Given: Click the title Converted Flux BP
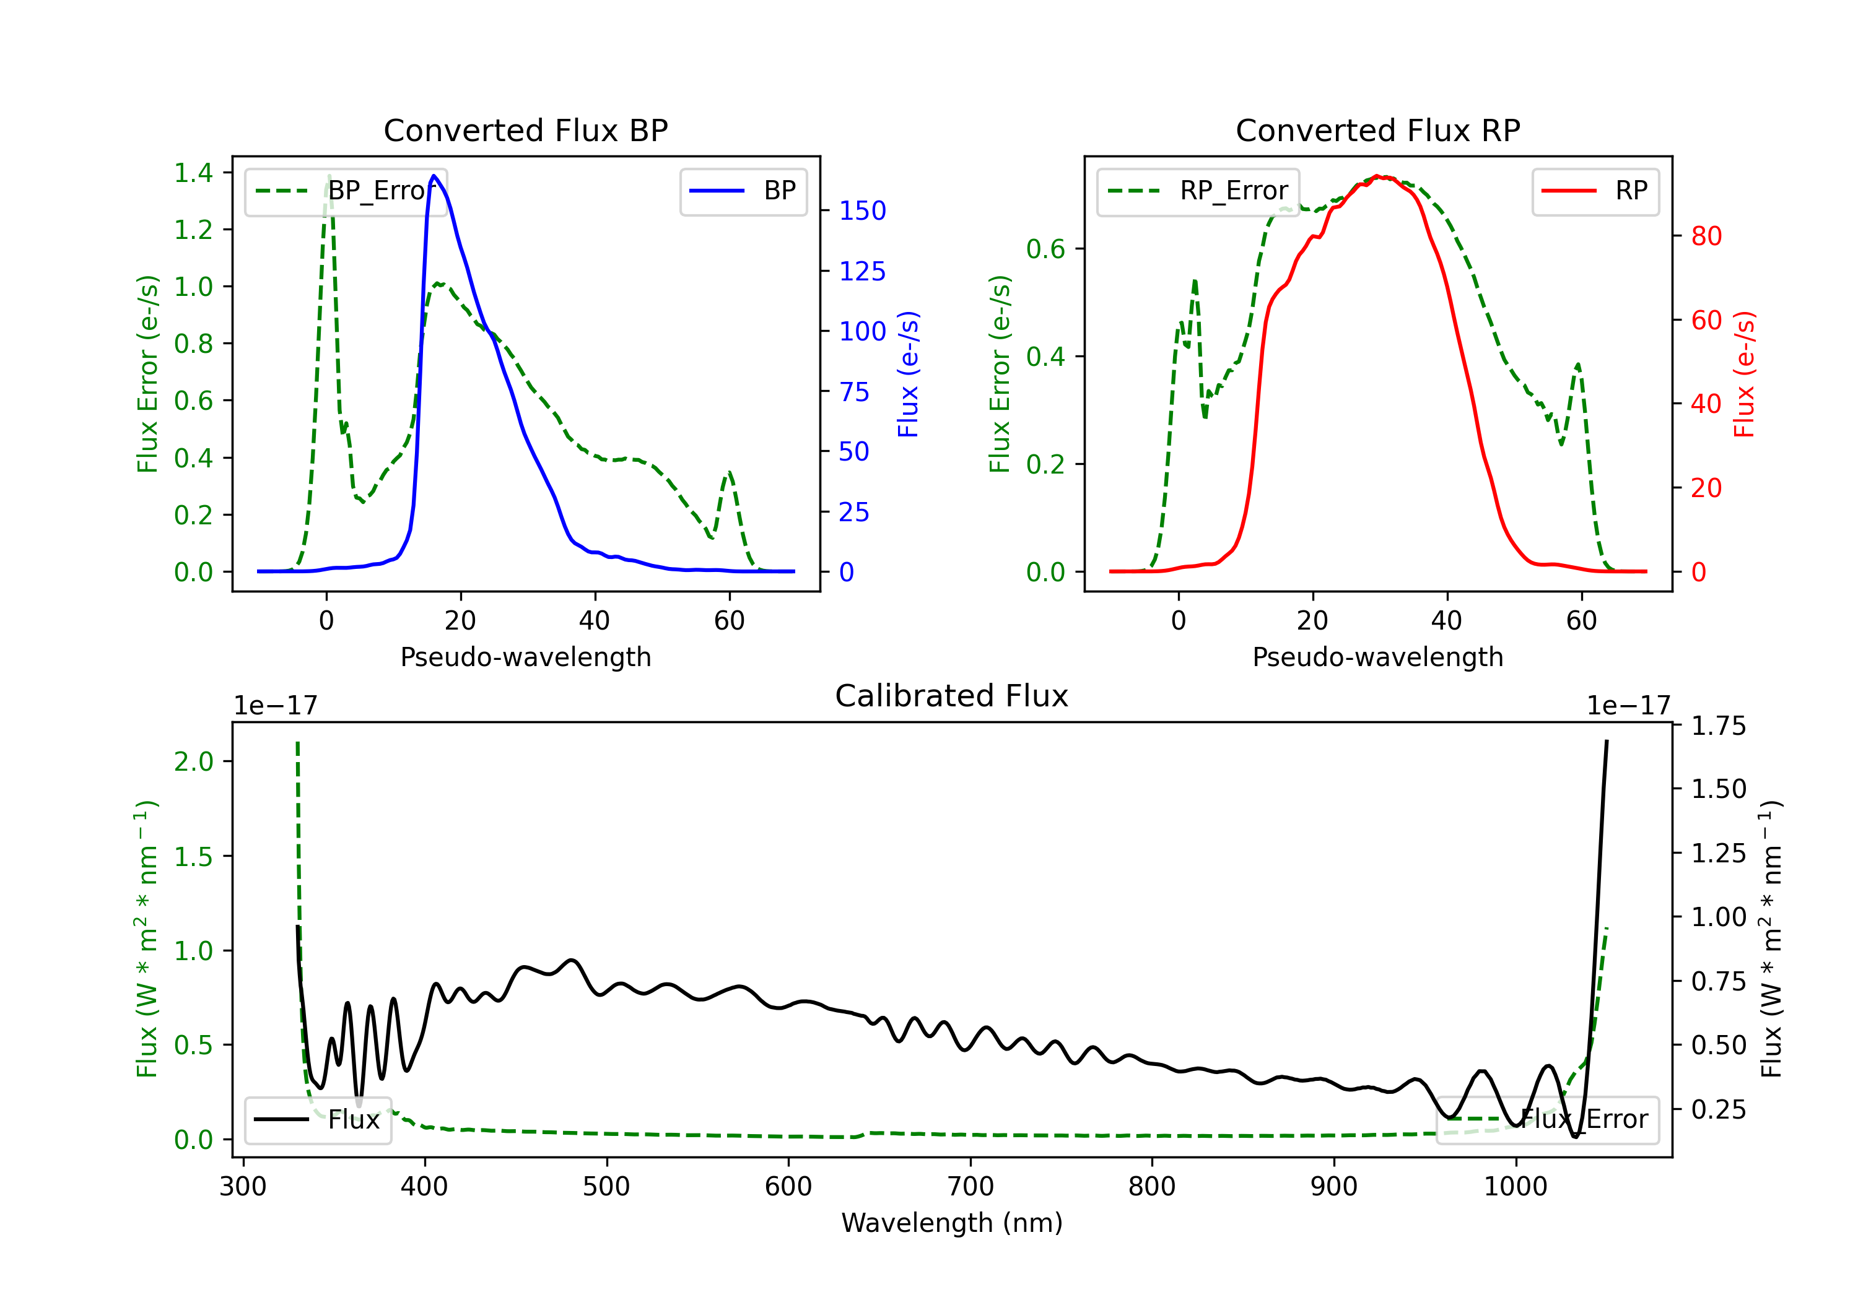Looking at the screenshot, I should [x=525, y=130].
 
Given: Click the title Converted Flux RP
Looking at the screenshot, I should [x=1377, y=130].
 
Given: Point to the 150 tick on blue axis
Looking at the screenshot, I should [x=862, y=211].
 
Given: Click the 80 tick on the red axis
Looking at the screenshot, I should [x=1706, y=236].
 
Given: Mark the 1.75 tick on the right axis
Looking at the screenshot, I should [x=1718, y=726].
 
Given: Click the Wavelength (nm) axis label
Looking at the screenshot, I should [x=952, y=1223].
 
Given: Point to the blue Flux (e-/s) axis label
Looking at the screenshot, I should [x=908, y=374].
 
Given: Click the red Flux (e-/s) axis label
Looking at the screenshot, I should [x=1744, y=374].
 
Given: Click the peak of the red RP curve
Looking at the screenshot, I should [x=1377, y=176].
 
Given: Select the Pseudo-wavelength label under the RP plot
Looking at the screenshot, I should [x=1377, y=657].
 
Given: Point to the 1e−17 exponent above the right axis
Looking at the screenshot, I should [x=1628, y=706].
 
